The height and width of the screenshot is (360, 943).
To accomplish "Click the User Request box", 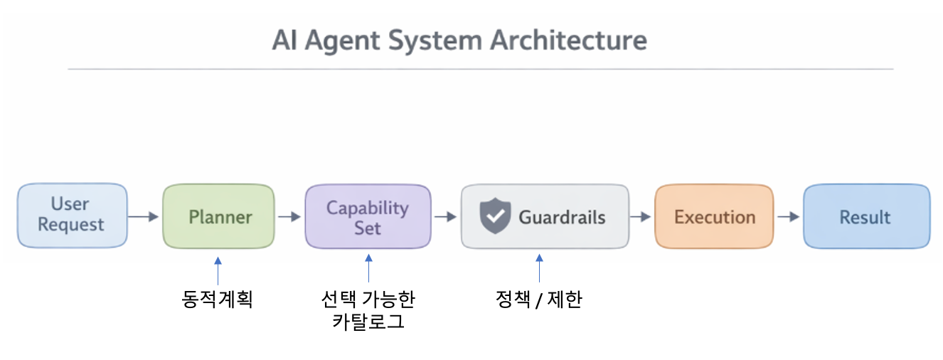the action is click(x=73, y=216).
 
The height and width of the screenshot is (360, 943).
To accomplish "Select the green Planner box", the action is click(x=218, y=216).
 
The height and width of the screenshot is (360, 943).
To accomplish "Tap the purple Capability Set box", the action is click(x=368, y=216).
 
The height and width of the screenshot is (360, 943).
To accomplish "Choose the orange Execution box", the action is click(x=714, y=216).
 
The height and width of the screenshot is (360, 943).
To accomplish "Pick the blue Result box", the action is click(x=867, y=216).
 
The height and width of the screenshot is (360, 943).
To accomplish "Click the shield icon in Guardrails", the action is click(x=495, y=216).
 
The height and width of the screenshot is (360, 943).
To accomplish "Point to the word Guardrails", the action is click(x=562, y=217).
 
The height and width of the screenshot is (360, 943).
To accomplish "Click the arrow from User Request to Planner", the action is click(x=143, y=217).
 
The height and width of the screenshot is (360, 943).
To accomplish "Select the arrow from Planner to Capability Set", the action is click(x=289, y=217).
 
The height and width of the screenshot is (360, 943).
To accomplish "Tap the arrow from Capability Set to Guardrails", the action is click(x=445, y=217).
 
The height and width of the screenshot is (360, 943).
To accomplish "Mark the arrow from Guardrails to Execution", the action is click(x=640, y=217).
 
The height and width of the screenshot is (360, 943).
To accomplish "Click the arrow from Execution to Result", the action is click(x=788, y=217).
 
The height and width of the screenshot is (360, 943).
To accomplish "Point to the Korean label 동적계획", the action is click(x=217, y=300).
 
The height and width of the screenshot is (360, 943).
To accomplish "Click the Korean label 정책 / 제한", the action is click(x=539, y=300).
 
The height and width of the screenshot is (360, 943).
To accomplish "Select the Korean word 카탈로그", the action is click(x=368, y=322).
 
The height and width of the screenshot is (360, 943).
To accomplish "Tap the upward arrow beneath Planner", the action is click(x=218, y=271).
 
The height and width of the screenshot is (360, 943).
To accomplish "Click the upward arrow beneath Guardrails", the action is click(x=539, y=268).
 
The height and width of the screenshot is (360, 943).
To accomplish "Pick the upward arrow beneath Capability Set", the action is click(x=369, y=268).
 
